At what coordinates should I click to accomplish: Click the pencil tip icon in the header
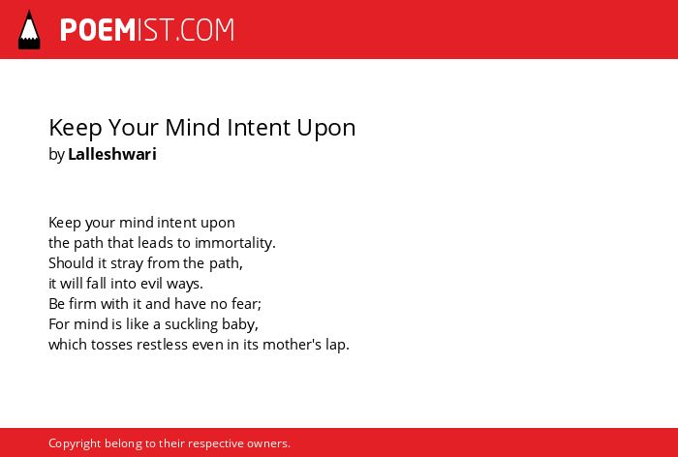coord(29,30)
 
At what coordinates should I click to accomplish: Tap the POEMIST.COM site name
coord(147,30)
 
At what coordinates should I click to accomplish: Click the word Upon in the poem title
coord(326,129)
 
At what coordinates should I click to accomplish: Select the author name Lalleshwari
coord(112,154)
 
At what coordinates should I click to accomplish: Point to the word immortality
coord(234,243)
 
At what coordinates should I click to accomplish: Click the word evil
coord(152,284)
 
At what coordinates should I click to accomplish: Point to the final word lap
coord(337,345)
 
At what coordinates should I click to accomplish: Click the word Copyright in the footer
coord(75,443)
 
